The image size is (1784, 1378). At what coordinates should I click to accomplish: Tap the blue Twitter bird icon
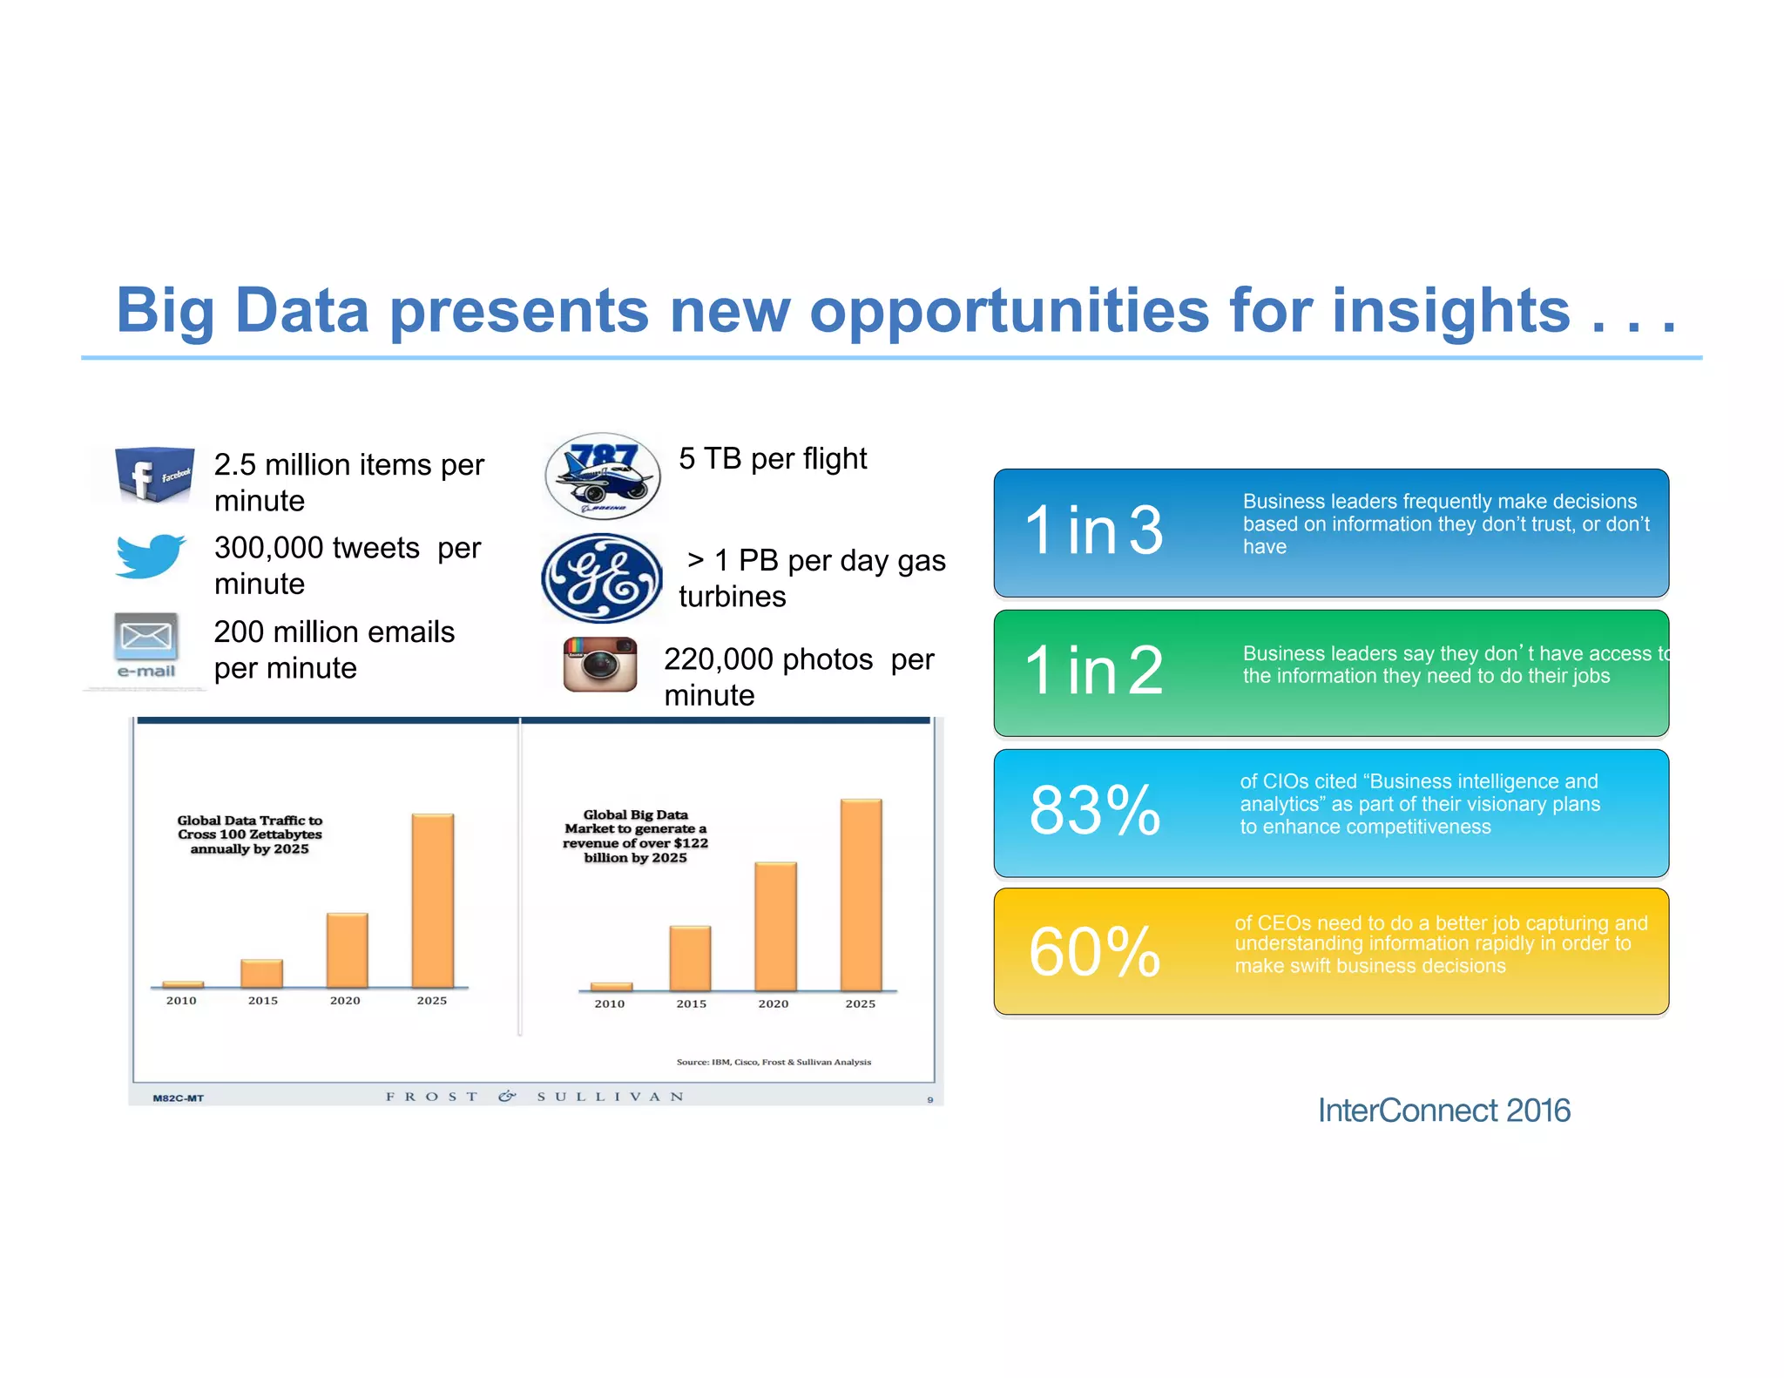pyautogui.click(x=151, y=556)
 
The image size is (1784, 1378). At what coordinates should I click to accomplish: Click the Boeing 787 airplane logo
pyautogui.click(x=602, y=476)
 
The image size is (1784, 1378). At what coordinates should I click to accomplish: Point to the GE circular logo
pyautogui.click(x=601, y=578)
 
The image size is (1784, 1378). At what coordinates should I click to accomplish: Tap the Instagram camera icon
pyautogui.click(x=600, y=665)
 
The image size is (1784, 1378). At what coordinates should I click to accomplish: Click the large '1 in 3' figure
pyautogui.click(x=1094, y=530)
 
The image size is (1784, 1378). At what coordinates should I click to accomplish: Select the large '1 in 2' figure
pyautogui.click(x=1094, y=671)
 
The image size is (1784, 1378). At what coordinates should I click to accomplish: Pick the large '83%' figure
pyautogui.click(x=1095, y=810)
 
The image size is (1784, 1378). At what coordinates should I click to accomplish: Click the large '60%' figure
pyautogui.click(x=1095, y=951)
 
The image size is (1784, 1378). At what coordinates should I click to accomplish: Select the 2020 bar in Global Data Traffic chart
pyautogui.click(x=347, y=949)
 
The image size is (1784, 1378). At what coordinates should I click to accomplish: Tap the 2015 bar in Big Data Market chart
pyautogui.click(x=690, y=958)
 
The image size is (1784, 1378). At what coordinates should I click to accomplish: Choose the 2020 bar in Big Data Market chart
pyautogui.click(x=775, y=926)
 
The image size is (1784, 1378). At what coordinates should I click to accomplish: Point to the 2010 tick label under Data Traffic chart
pyautogui.click(x=181, y=1001)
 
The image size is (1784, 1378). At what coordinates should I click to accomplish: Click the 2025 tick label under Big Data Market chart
pyautogui.click(x=861, y=1004)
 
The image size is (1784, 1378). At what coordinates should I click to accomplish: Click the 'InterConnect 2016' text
pyautogui.click(x=1443, y=1111)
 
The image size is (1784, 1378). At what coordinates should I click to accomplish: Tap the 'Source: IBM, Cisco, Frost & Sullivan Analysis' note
pyautogui.click(x=774, y=1062)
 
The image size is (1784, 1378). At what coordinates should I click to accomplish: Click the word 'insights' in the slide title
pyautogui.click(x=1450, y=311)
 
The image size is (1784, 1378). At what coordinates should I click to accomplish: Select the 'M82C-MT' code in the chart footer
pyautogui.click(x=178, y=1098)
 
